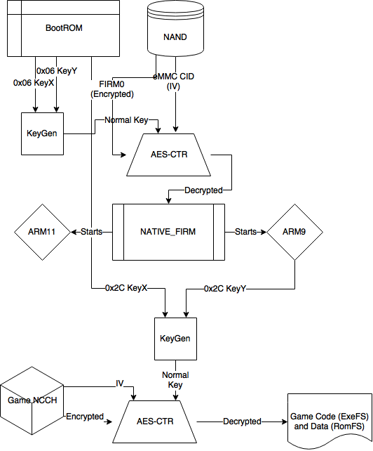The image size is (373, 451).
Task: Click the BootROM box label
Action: (x=64, y=28)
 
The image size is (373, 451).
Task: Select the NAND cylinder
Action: (x=175, y=28)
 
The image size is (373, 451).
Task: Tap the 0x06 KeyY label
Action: (x=57, y=71)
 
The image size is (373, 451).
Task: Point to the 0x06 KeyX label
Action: (x=34, y=83)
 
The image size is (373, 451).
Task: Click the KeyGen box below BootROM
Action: (x=42, y=133)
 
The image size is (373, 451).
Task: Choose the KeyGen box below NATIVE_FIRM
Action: (x=175, y=339)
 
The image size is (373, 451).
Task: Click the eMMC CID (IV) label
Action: (x=173, y=81)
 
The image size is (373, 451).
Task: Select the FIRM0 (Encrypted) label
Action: (x=112, y=89)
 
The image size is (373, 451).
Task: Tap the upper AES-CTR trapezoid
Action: (x=168, y=155)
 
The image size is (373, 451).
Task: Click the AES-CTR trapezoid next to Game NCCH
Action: (x=154, y=421)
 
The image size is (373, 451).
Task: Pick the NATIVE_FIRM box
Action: (x=168, y=232)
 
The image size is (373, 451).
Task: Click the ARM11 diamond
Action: (x=42, y=232)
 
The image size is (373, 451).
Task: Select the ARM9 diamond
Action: (x=295, y=232)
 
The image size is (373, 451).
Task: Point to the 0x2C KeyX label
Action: (x=126, y=288)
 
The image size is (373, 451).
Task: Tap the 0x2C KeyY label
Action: (x=225, y=289)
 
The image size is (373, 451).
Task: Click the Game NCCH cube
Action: (x=32, y=400)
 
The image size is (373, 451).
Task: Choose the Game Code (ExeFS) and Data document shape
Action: (x=330, y=421)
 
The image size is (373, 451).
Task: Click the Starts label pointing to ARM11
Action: (x=91, y=232)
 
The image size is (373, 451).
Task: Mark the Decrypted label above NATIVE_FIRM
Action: (x=203, y=190)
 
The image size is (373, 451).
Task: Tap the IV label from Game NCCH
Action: (x=120, y=384)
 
